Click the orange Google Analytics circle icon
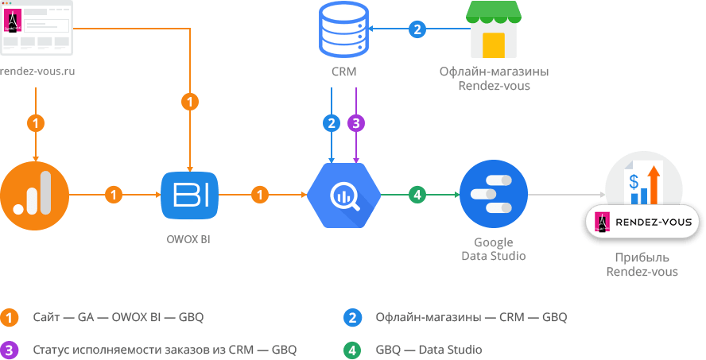[x=34, y=195]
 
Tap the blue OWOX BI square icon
[x=189, y=195]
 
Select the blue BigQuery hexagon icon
[x=344, y=195]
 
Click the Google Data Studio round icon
[x=494, y=195]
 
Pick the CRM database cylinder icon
[x=344, y=29]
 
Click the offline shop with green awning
[x=494, y=29]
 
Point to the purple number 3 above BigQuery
[x=356, y=123]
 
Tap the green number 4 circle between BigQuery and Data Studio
[x=417, y=195]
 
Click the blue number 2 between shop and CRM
[x=417, y=29]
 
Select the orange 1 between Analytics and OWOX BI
[x=114, y=195]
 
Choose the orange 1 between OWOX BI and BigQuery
[x=260, y=195]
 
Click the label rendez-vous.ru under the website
[x=37, y=71]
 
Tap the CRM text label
[x=344, y=72]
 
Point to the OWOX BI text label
[x=188, y=239]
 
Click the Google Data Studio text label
[x=494, y=249]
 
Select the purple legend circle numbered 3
[x=9, y=350]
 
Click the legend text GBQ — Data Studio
[x=429, y=350]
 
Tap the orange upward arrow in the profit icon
[x=654, y=184]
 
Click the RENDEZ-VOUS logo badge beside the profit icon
[x=642, y=222]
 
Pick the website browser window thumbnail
[x=37, y=28]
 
